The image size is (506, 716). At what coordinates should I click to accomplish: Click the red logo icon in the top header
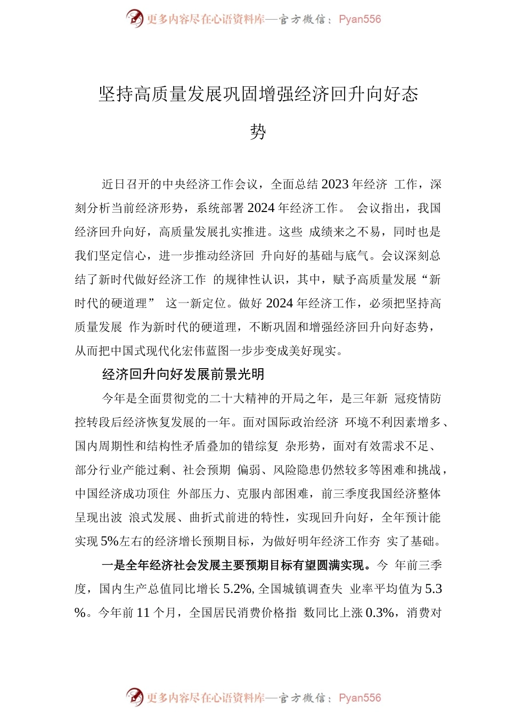coord(135,19)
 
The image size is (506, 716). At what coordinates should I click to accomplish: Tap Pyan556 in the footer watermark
coord(360,697)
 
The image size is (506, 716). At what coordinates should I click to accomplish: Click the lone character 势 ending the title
coord(258,131)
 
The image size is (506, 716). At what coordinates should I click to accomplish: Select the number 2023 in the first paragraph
coord(336,184)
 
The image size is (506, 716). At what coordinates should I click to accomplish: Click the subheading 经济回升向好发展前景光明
coord(183,375)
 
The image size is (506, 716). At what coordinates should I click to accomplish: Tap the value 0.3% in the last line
coord(379,613)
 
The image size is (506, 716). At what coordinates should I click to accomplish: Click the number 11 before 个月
coord(143,613)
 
